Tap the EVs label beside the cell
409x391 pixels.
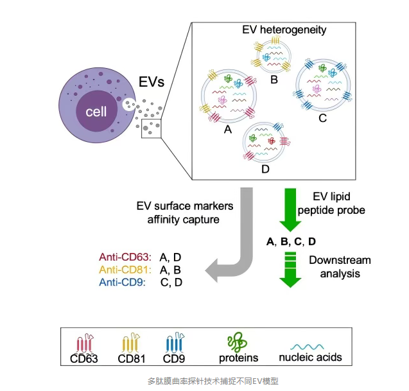(x=152, y=82)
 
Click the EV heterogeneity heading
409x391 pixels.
(x=284, y=30)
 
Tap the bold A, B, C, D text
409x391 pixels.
(x=291, y=241)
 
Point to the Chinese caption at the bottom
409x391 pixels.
(x=204, y=380)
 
